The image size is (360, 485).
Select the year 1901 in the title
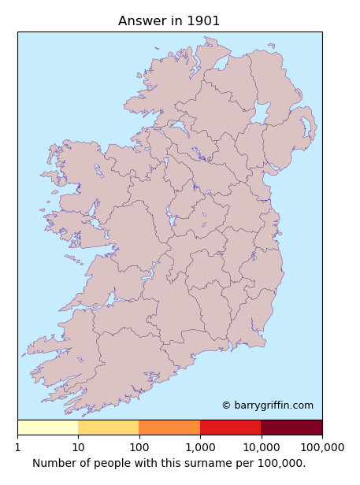tap(203, 21)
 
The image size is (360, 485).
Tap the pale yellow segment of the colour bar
tap(47, 428)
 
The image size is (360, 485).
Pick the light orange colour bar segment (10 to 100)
tap(109, 428)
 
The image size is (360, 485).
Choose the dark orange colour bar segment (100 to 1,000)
tap(169, 428)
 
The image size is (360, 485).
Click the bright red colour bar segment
tap(230, 428)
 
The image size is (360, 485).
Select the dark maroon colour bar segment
tap(291, 428)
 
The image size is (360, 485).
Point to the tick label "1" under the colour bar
tap(17, 447)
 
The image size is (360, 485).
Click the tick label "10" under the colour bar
tap(78, 447)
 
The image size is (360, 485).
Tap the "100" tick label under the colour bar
tap(139, 447)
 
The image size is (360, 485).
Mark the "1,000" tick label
tap(200, 447)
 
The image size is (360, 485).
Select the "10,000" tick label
tap(261, 447)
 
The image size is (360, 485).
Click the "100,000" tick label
tap(321, 447)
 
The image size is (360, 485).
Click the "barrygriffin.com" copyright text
tap(273, 405)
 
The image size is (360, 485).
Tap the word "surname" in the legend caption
tap(206, 463)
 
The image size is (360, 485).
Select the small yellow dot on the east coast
tap(272, 235)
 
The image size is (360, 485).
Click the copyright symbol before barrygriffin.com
tap(226, 405)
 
